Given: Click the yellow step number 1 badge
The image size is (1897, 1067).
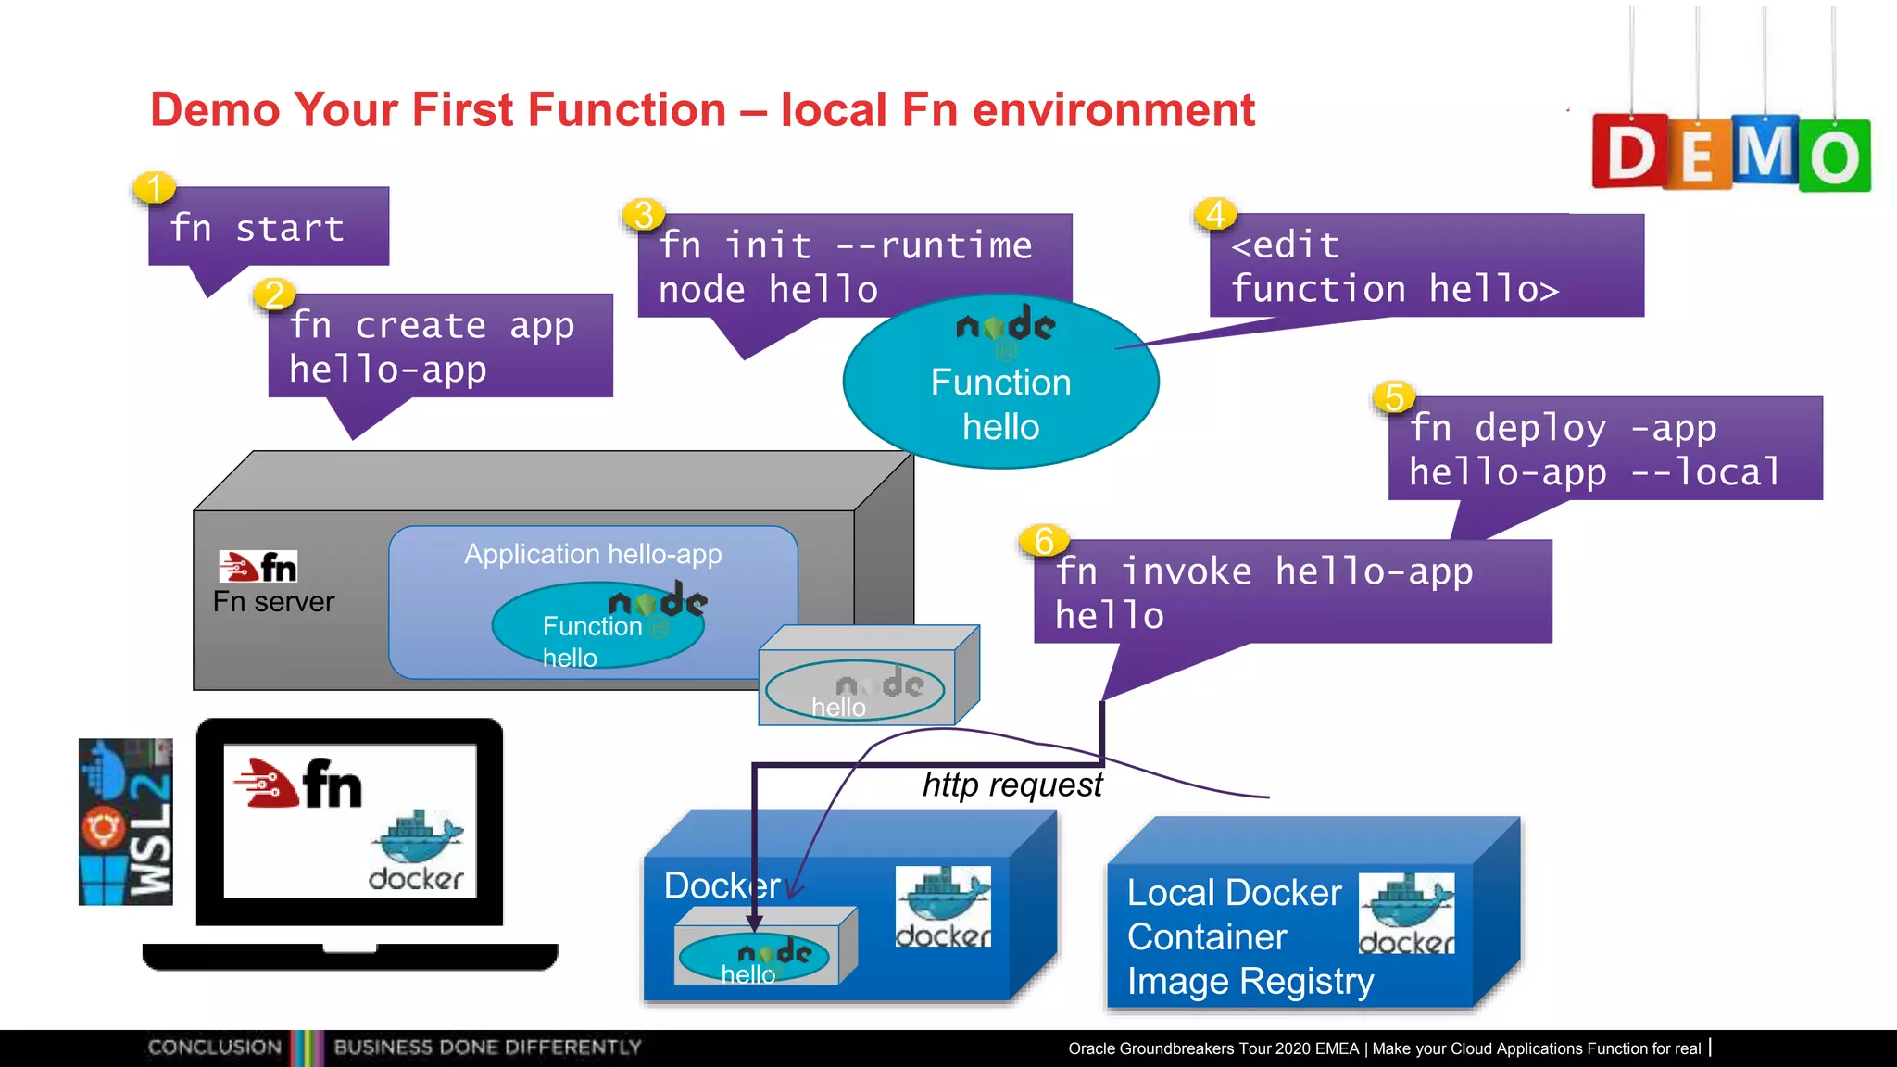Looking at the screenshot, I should pos(154,188).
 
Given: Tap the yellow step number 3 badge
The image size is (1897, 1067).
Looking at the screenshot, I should pos(643,215).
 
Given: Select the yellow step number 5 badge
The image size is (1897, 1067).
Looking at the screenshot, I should pos(1394,397).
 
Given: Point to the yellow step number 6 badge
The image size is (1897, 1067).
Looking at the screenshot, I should pos(1044,540).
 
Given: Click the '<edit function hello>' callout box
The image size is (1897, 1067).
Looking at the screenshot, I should pos(1426,267).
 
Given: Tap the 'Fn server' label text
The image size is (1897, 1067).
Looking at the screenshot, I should pos(273,602).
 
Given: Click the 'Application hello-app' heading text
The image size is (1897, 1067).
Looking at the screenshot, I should pos(593,554).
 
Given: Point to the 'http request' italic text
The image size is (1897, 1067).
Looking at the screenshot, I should pos(1011,785).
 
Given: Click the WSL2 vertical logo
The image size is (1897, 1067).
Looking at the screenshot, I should pos(126,822).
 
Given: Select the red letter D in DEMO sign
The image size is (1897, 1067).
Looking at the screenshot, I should pos(1630,153).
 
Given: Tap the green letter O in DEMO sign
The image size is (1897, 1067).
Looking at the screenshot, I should pos(1834,157).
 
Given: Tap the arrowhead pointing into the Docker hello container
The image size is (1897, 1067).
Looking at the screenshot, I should pos(755,923).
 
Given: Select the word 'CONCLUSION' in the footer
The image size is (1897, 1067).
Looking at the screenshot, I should pos(215,1048).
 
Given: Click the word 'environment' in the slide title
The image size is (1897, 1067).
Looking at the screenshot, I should pos(1113,109).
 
